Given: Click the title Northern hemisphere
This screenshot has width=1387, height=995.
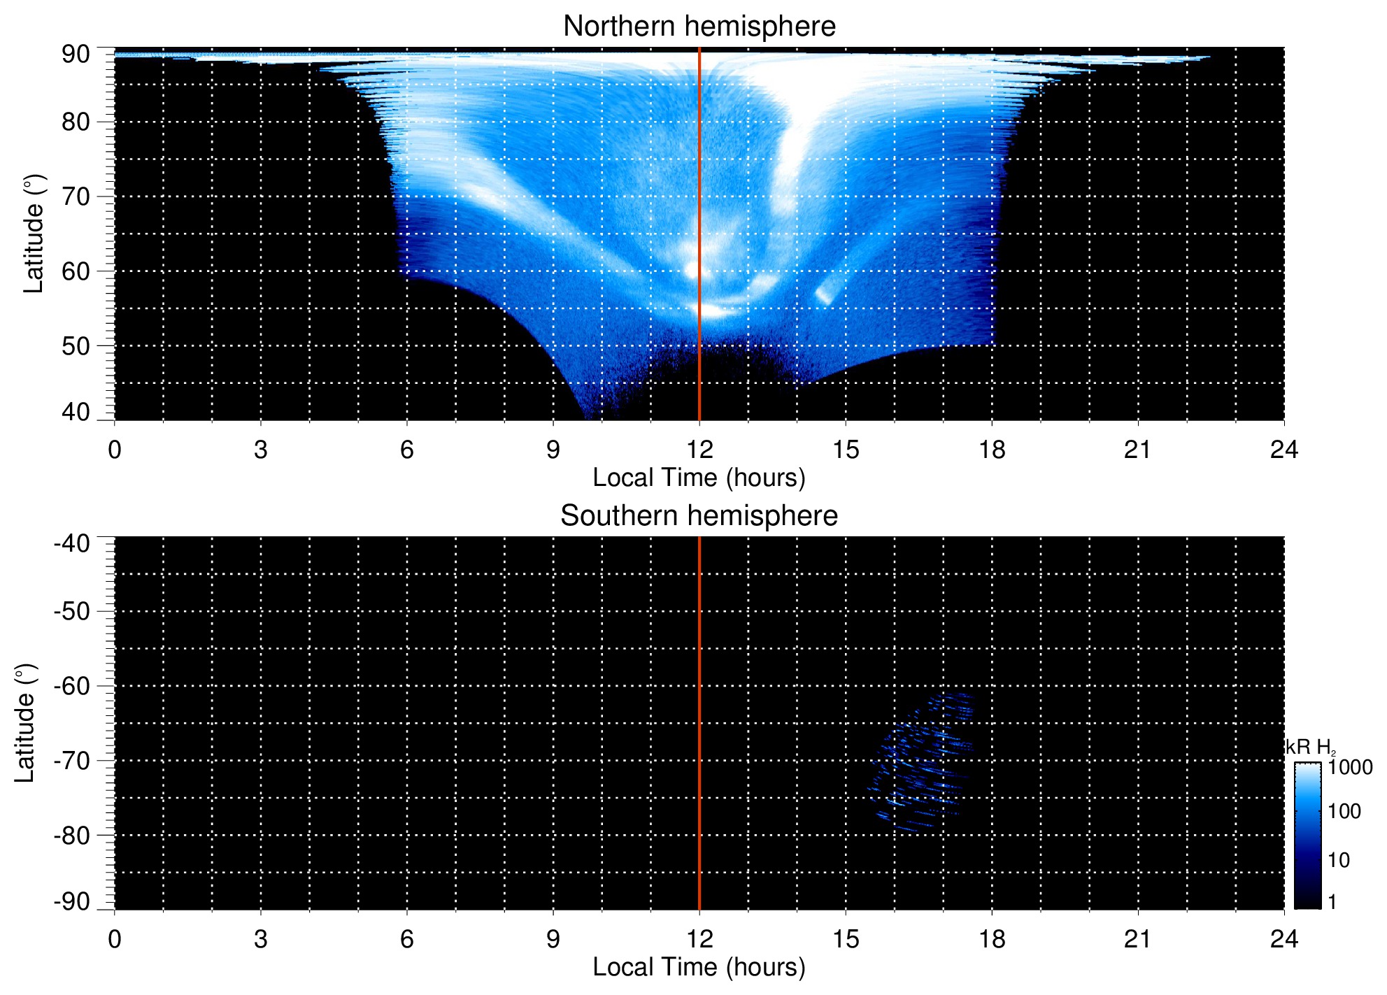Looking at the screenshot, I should pos(699,27).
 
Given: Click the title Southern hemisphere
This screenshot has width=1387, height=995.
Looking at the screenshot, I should pos(699,516).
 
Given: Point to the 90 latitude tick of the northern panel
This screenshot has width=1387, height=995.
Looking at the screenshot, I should pos(76,55).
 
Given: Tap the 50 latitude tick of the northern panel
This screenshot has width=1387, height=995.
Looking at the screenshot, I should pos(76,346).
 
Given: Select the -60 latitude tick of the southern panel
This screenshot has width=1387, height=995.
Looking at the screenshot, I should pos(72,686).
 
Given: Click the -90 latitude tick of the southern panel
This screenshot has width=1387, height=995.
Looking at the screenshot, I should pos(72,901).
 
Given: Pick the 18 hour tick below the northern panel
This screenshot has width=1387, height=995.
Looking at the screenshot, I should pos(992,450).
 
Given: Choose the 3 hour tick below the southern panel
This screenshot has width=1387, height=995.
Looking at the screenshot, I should pos(261,939).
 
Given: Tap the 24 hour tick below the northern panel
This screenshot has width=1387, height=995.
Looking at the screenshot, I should pos(1283,450).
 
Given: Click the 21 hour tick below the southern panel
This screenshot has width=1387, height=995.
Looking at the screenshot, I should pos(1138,939).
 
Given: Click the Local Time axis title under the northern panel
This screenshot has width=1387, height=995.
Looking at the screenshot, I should pos(699,478).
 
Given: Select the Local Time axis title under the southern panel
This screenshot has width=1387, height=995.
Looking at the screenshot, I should pos(699,968).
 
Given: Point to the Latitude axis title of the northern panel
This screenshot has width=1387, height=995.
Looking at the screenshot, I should pos(34,234).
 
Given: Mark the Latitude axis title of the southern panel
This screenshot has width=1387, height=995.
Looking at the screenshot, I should pos(25,723).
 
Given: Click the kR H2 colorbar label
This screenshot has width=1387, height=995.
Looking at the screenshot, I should pos(1309,747).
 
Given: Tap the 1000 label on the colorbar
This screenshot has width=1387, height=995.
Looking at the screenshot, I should pos(1350,768).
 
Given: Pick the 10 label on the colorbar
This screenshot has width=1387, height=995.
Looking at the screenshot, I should pos(1339,860).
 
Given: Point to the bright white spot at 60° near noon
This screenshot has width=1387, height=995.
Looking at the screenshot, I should pos(694,270).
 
